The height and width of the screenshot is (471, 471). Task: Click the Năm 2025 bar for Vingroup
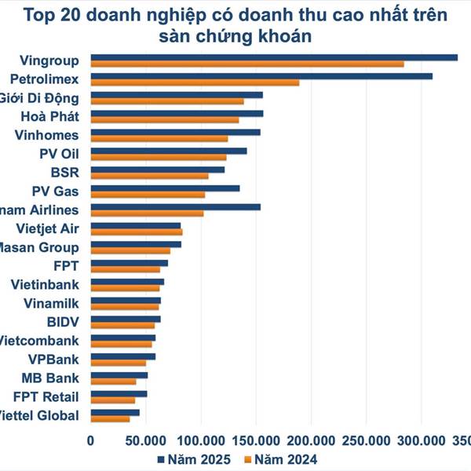(x=274, y=57)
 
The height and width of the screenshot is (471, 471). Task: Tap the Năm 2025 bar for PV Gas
(x=165, y=188)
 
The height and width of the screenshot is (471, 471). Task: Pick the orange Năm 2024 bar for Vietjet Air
(x=137, y=232)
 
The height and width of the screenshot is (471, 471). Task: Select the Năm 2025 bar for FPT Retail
(x=119, y=394)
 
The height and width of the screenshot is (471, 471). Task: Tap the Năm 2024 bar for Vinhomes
(x=159, y=139)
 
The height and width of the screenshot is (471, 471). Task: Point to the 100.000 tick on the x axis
(x=202, y=440)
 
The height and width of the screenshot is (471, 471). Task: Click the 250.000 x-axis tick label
(x=367, y=440)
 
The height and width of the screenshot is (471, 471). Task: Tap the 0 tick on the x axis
(x=91, y=440)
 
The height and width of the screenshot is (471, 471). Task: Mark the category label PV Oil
(x=59, y=153)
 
